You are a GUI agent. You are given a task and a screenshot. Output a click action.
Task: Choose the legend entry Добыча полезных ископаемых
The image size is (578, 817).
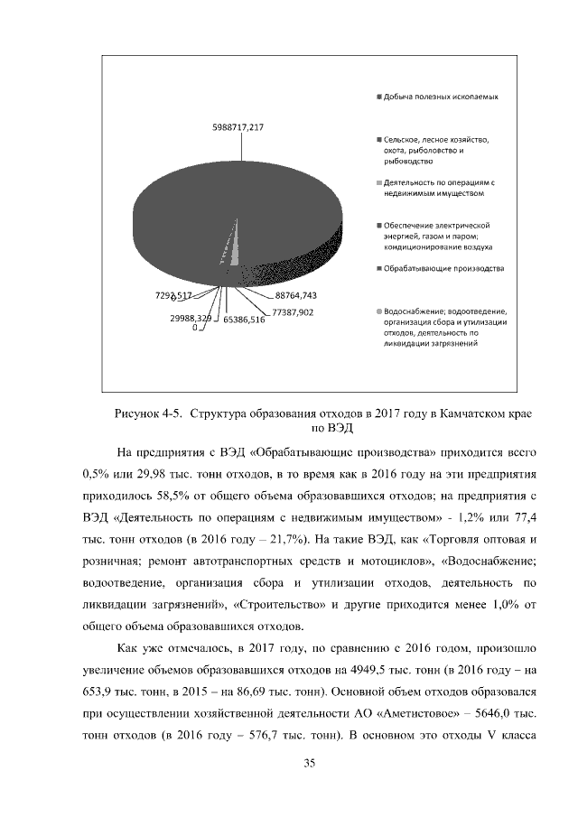(x=442, y=96)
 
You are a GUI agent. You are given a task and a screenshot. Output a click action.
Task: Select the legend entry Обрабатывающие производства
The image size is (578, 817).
(x=443, y=269)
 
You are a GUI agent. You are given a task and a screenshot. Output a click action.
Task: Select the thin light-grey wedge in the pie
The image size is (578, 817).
(x=234, y=248)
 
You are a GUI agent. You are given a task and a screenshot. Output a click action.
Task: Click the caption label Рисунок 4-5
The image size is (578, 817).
(x=147, y=414)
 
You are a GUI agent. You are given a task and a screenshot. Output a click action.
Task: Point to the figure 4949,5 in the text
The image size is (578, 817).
(x=378, y=670)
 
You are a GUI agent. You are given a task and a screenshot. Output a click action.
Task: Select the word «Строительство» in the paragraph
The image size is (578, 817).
(x=277, y=604)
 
